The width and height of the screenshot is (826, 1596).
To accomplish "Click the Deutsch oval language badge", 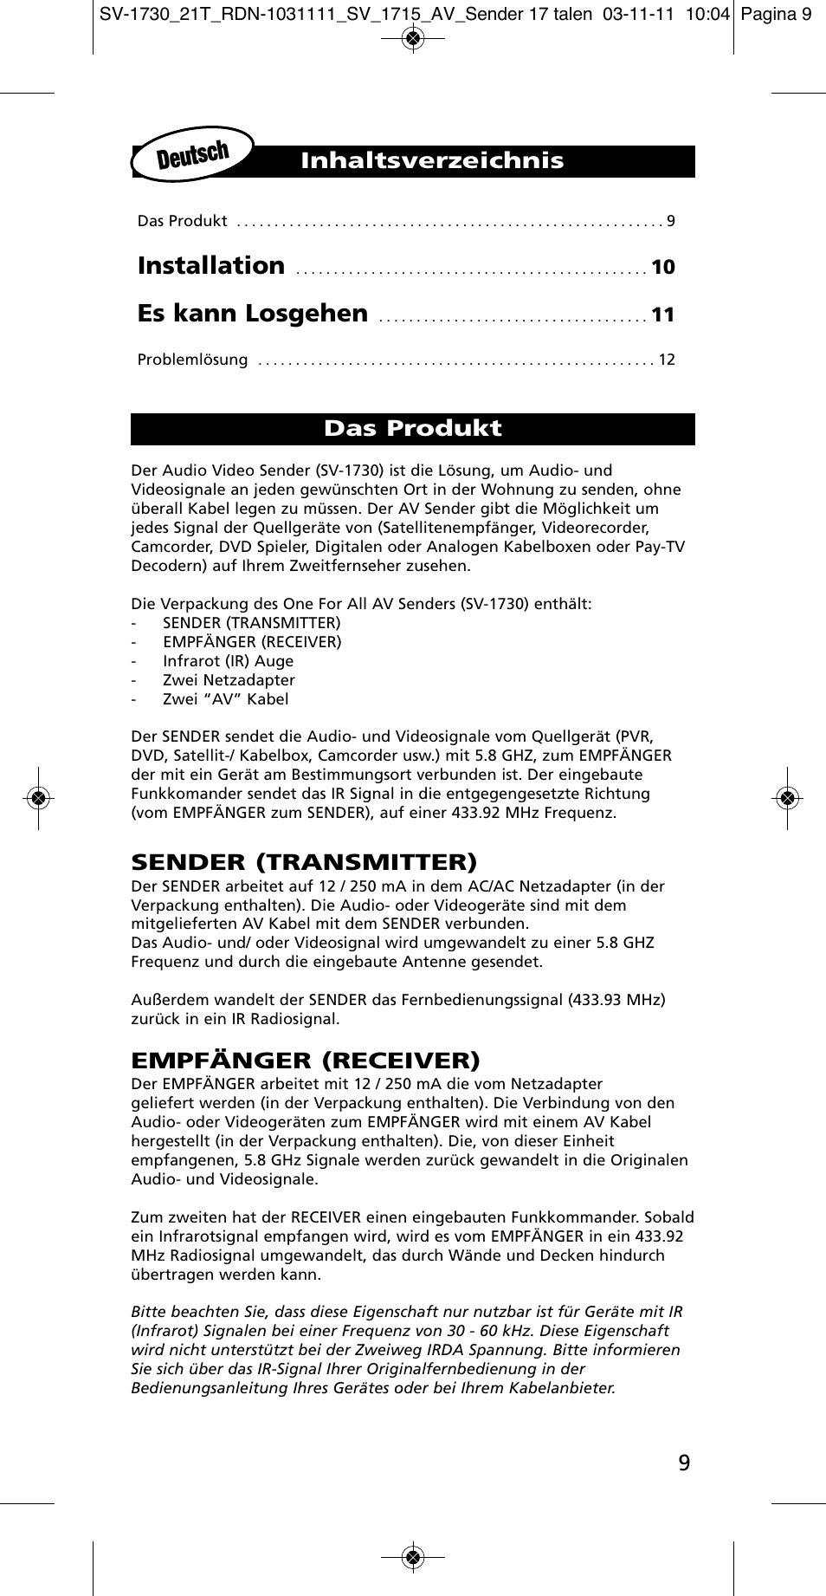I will (x=193, y=155).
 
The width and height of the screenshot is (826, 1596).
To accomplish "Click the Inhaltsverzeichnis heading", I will (x=432, y=161).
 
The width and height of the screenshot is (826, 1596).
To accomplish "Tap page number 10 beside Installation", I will (x=663, y=268).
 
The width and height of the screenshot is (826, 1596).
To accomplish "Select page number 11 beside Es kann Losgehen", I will (x=663, y=315).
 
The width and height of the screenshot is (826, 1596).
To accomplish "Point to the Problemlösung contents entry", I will (x=192, y=360).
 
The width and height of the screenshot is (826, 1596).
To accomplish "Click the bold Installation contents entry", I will (x=211, y=266).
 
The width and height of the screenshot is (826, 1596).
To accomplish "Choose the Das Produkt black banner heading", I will (x=413, y=429).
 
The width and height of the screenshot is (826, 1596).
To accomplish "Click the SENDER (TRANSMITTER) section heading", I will (x=304, y=862).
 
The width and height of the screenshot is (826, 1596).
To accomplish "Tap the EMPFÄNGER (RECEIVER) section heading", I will (x=305, y=1061).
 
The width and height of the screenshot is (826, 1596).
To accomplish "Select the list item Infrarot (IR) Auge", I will (x=228, y=661).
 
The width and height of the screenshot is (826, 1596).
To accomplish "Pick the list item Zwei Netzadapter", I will (x=229, y=680).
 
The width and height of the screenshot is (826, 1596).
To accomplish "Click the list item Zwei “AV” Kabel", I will (x=225, y=699).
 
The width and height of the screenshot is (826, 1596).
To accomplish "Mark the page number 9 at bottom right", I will (x=684, y=1463).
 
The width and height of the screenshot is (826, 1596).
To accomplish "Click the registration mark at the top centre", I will (x=413, y=38).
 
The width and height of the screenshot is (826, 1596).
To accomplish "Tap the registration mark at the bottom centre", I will (x=413, y=1557).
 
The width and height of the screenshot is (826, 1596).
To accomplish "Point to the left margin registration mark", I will (x=38, y=797).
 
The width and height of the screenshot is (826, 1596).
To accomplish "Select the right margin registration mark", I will (x=787, y=798).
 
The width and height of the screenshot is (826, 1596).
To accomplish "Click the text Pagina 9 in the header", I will (x=777, y=14).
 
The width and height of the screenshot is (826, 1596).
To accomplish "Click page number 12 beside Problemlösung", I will (x=667, y=360).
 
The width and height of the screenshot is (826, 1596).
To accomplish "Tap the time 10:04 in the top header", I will (x=707, y=14).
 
